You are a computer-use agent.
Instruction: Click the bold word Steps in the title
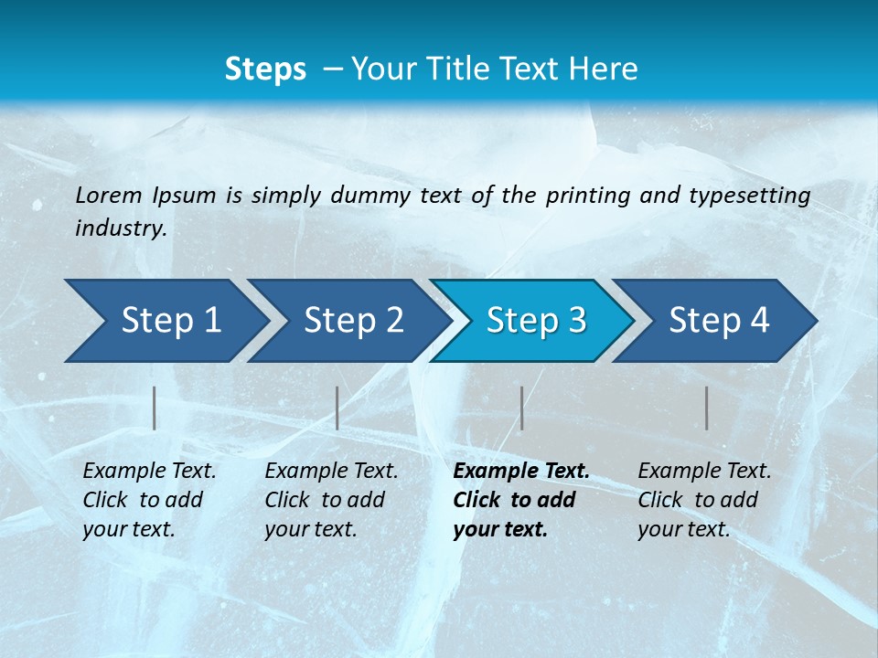(265, 69)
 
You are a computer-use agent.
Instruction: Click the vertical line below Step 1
(155, 408)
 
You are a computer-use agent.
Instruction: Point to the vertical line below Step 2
(337, 408)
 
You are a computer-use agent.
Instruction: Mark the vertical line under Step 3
(522, 408)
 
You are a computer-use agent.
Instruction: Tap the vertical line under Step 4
(707, 408)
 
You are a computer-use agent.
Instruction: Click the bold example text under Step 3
(521, 500)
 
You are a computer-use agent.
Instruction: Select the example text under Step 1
(149, 500)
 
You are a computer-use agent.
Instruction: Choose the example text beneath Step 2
(331, 500)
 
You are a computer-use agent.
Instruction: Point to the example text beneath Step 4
(704, 500)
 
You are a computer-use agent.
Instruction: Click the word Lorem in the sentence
(109, 195)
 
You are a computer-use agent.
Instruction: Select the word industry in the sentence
(120, 228)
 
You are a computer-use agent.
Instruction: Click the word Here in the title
(609, 69)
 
